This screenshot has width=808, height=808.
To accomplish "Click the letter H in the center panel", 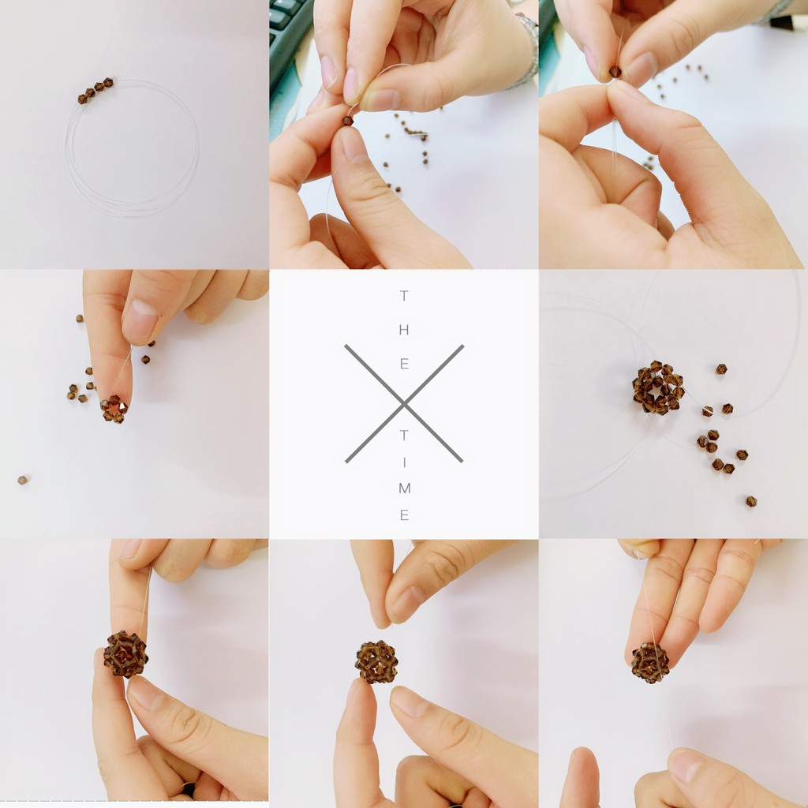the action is (404, 330).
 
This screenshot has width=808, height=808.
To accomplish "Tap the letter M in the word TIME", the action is (405, 488).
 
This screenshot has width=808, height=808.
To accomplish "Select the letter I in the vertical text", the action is (404, 462).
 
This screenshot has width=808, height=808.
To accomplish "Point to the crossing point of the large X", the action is (404, 404).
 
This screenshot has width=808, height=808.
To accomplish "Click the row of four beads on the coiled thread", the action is (95, 90).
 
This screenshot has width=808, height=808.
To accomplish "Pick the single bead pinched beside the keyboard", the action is (348, 121).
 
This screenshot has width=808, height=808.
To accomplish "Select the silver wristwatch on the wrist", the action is (528, 49).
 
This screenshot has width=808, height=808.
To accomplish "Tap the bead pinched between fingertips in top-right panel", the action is (615, 72).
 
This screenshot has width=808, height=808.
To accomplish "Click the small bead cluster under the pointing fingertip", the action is (114, 410).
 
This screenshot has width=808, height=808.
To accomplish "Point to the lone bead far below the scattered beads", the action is (22, 481).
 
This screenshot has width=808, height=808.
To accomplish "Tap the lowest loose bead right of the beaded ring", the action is (751, 501).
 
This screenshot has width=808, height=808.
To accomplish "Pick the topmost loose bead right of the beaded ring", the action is (721, 369).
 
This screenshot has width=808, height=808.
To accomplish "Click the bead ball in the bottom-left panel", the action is (125, 654).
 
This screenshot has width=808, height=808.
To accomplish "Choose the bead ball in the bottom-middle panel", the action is (376, 662).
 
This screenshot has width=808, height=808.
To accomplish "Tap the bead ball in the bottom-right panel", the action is (650, 663).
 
